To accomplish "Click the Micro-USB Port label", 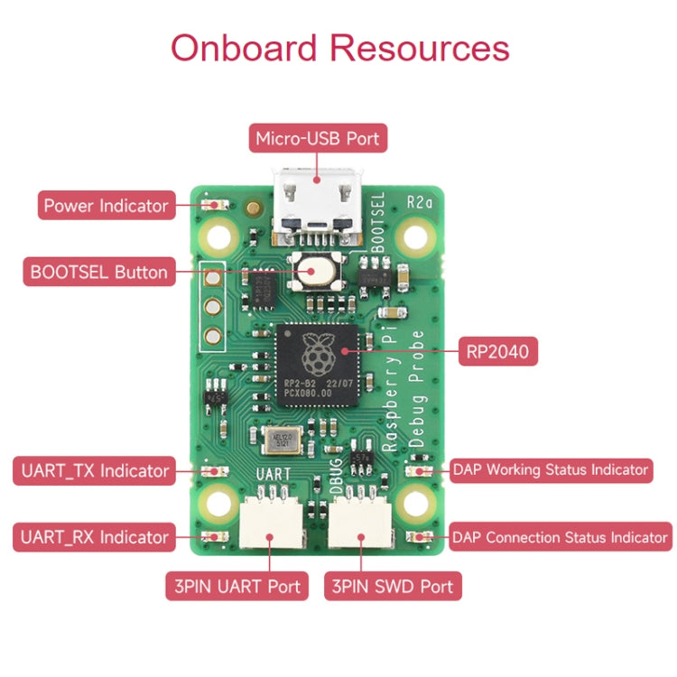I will click(319, 139).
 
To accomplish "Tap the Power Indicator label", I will click(106, 206).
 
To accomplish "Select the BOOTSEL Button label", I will click(98, 272).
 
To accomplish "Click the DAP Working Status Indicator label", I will click(550, 469).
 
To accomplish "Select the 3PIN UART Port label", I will click(233, 586).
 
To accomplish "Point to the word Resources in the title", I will click(420, 47).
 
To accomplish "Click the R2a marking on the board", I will click(420, 200).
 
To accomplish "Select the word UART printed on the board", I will click(274, 474).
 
